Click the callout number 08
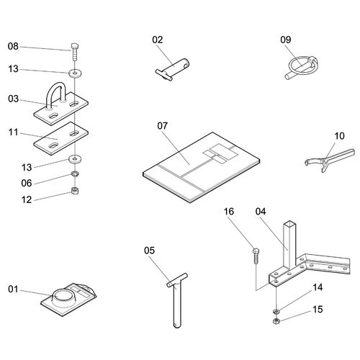(x=13, y=46)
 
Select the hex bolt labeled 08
(x=75, y=52)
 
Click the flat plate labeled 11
(x=61, y=138)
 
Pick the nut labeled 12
(x=75, y=191)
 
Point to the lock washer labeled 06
(x=75, y=174)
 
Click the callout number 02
(x=158, y=40)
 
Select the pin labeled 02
(x=173, y=69)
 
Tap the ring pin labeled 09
(x=302, y=66)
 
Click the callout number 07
(x=163, y=126)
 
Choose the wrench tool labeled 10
(x=330, y=160)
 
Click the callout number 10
(x=339, y=136)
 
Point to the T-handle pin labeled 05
(x=177, y=300)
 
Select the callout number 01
(x=13, y=289)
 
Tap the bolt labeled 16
(x=256, y=256)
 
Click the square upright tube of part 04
(x=289, y=245)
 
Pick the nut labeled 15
(x=276, y=321)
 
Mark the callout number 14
(x=318, y=287)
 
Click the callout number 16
(x=229, y=212)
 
